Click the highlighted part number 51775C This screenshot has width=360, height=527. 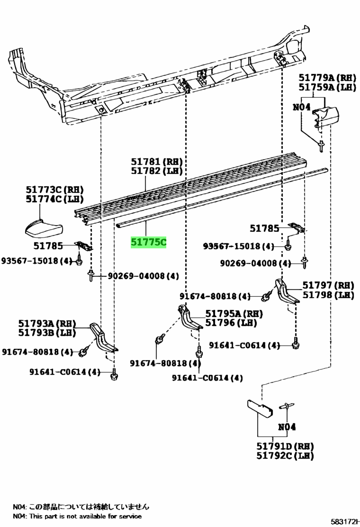pyautogui.click(x=148, y=242)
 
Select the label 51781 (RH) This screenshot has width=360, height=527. pyautogui.click(x=157, y=162)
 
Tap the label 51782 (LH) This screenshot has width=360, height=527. pyautogui.click(x=157, y=171)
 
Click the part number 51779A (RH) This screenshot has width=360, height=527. pyautogui.click(x=327, y=78)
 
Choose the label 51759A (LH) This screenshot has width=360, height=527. pyautogui.click(x=327, y=87)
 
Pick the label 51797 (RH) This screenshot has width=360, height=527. pyautogui.click(x=328, y=285)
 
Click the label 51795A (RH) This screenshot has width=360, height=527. pyautogui.click(x=234, y=314)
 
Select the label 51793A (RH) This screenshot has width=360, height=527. pyautogui.click(x=47, y=323)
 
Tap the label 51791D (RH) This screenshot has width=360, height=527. pyautogui.click(x=285, y=446)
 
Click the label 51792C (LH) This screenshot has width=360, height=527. pyautogui.click(x=285, y=456)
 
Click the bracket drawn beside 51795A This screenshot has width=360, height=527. pyautogui.click(x=189, y=317)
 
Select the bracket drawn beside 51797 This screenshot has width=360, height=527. pyautogui.click(x=287, y=291)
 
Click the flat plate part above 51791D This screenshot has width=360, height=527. pyautogui.click(x=260, y=409)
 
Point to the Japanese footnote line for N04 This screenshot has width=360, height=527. pyautogui.click(x=81, y=507)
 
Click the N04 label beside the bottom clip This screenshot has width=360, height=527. pyautogui.click(x=287, y=427)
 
